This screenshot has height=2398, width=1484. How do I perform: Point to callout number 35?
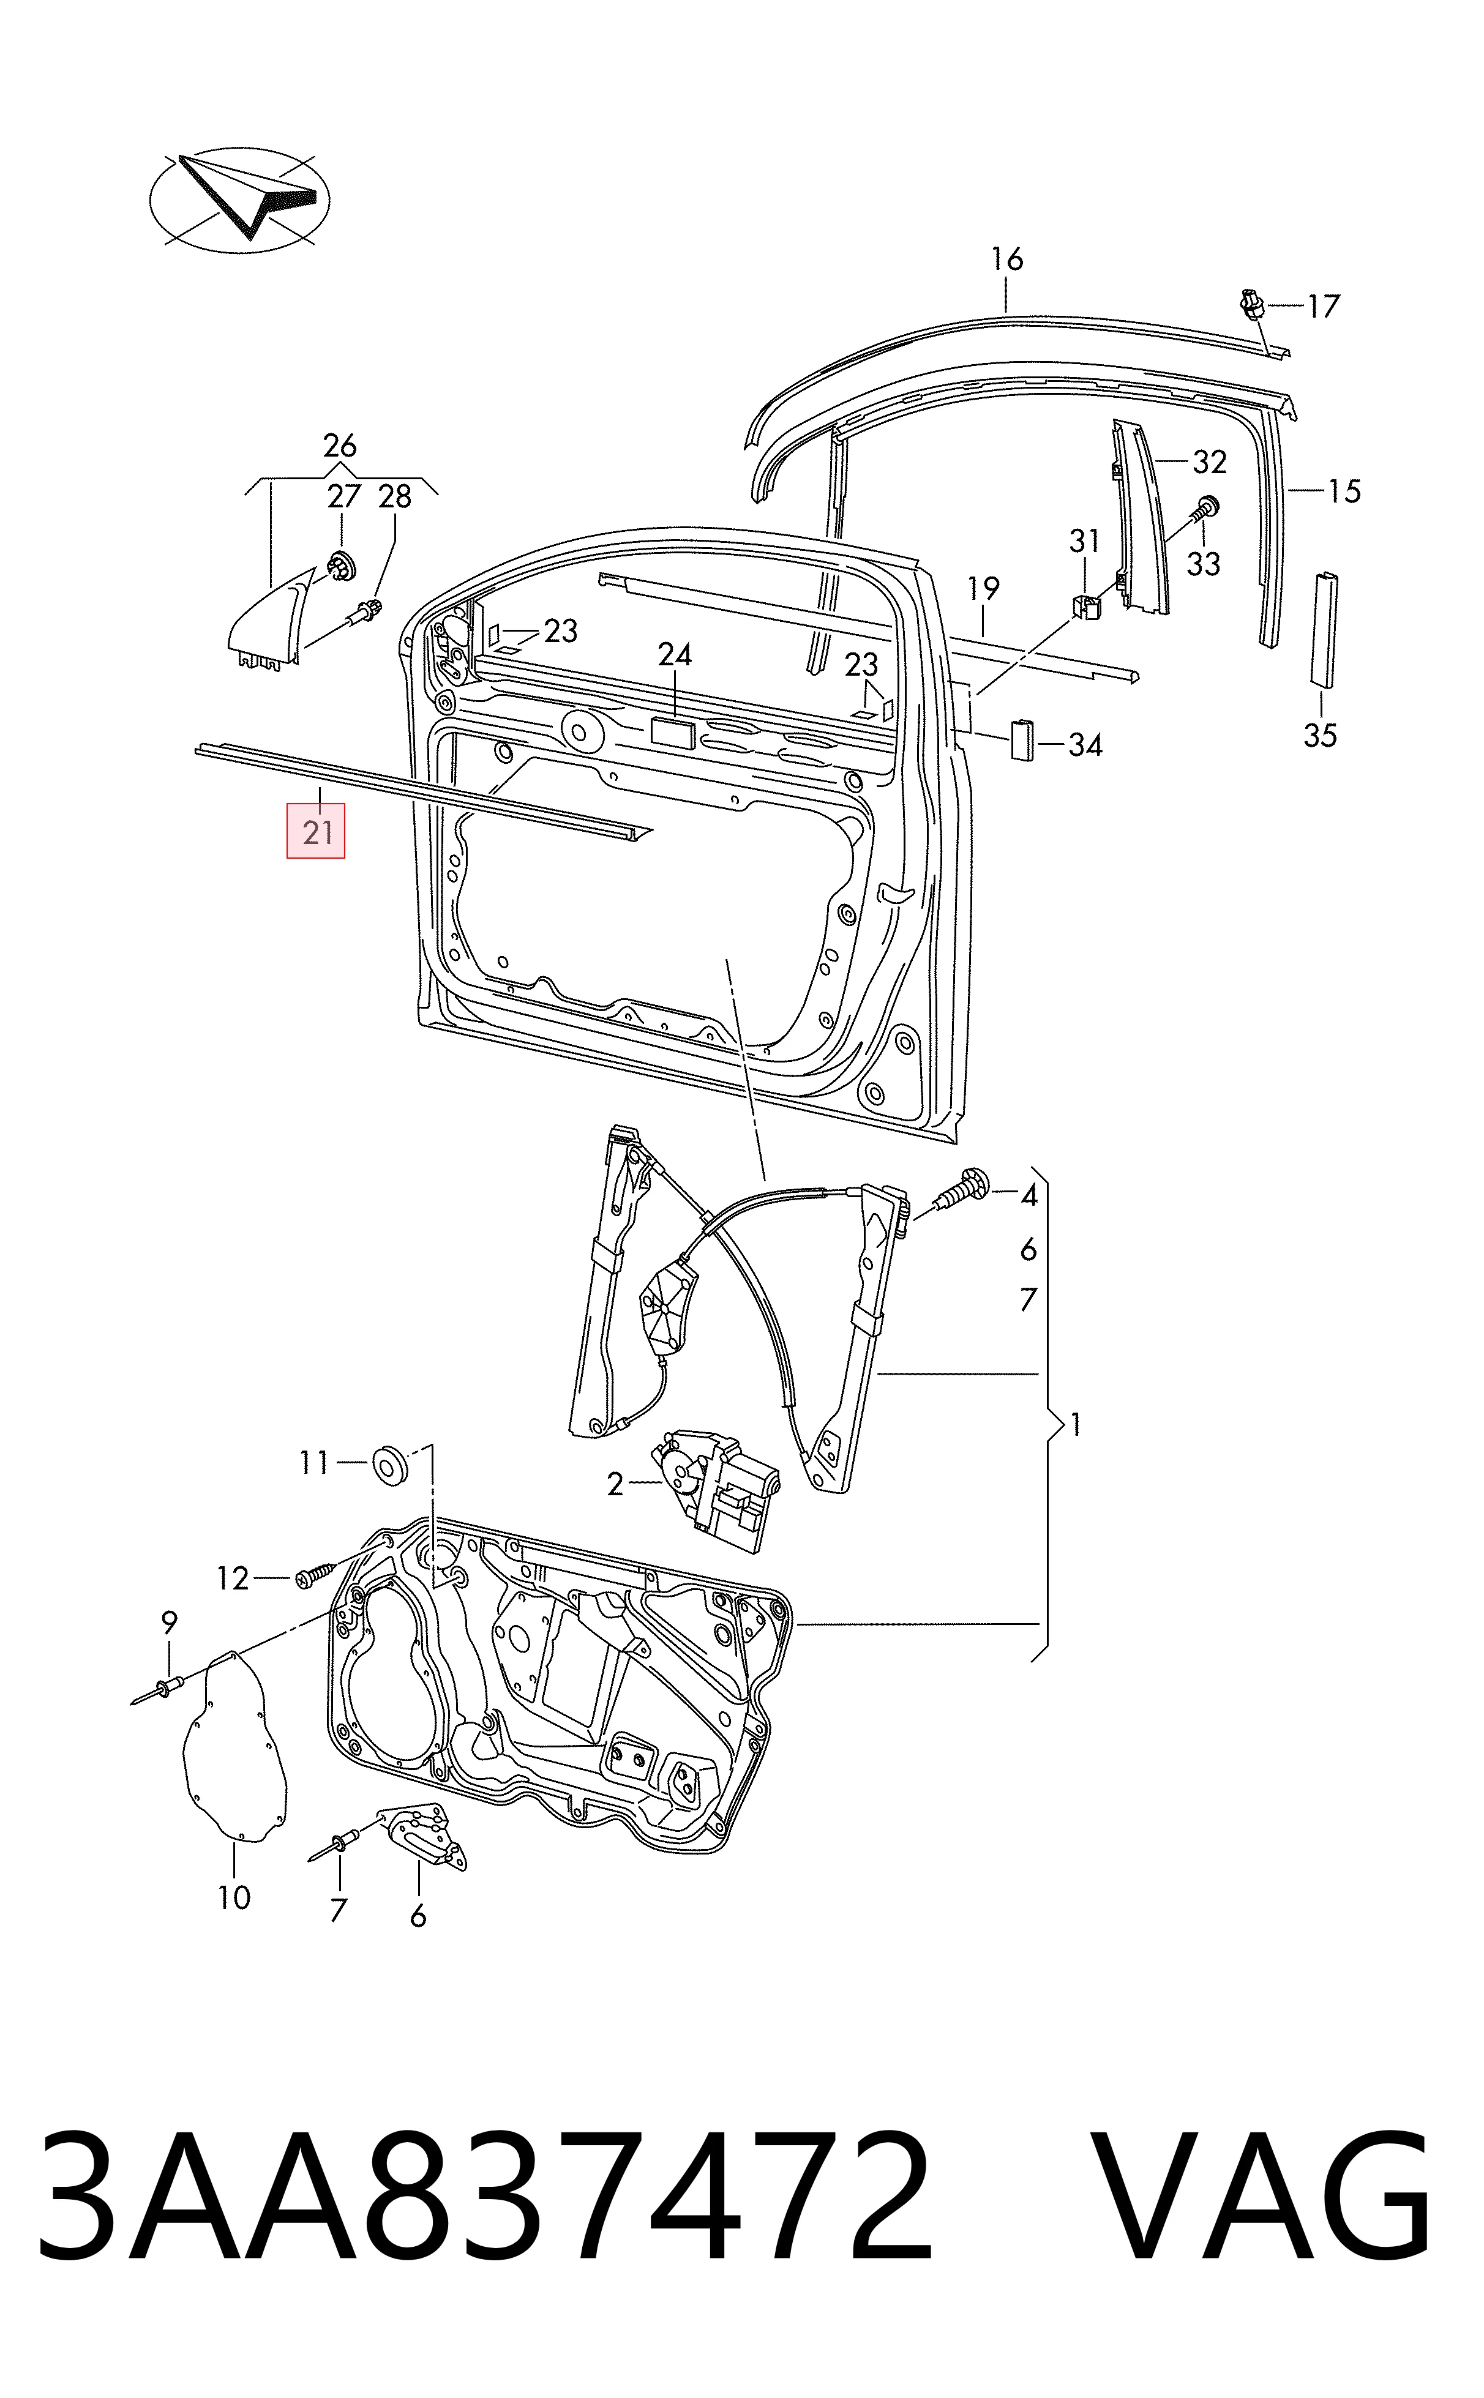tap(1320, 735)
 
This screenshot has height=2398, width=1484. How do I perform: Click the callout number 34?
tap(1085, 745)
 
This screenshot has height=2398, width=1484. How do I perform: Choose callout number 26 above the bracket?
tap(340, 446)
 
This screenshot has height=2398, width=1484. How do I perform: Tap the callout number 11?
tap(314, 1463)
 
